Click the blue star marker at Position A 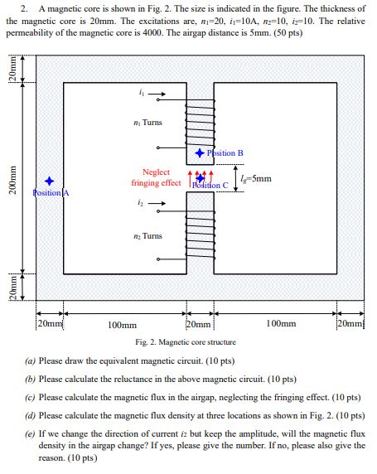click(50, 181)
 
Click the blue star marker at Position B click(200, 153)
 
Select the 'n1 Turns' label click(148, 123)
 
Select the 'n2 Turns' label click(148, 236)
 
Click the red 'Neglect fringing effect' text click(156, 177)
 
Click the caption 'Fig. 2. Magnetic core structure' click(186, 341)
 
